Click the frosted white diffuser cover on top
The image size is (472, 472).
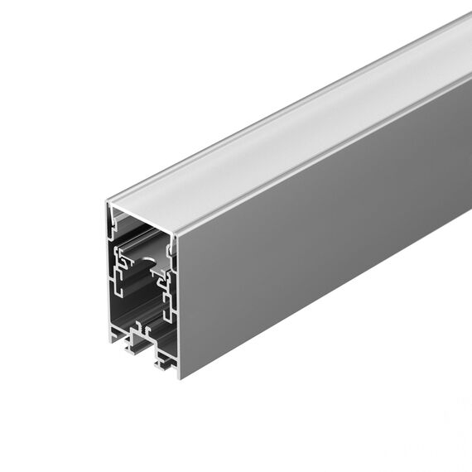point(290,132)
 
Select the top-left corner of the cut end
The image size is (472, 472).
point(109,201)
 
